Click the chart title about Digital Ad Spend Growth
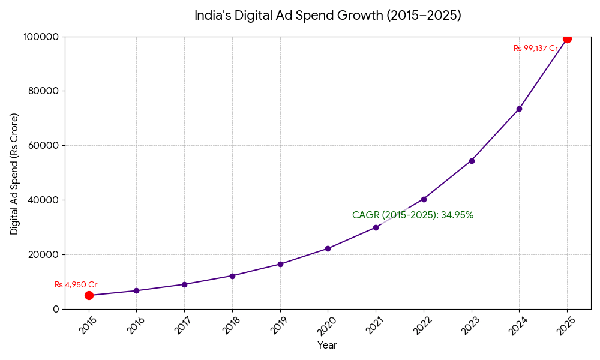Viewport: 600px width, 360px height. click(328, 16)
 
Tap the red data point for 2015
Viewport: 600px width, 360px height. click(89, 295)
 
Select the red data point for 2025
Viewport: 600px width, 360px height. click(567, 38)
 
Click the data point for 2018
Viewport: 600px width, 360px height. click(232, 276)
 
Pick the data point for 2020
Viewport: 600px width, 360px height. click(328, 248)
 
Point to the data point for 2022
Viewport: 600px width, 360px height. click(424, 199)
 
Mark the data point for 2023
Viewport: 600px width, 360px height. click(472, 161)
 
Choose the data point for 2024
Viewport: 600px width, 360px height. click(519, 109)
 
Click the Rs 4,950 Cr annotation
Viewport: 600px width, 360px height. click(76, 285)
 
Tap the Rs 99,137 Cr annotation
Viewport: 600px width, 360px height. click(536, 49)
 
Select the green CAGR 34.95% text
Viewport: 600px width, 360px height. click(413, 215)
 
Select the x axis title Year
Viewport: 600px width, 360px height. click(327, 346)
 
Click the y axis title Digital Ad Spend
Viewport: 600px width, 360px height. click(14, 173)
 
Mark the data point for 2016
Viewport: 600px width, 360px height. click(136, 291)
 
